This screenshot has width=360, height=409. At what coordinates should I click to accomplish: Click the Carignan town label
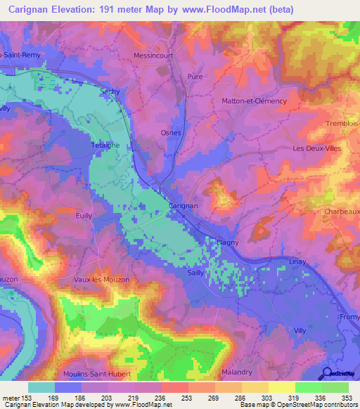pos(184,206)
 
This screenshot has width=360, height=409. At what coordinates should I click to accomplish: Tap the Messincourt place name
pos(153,55)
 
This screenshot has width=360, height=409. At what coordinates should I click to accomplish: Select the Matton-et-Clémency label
pos(255,101)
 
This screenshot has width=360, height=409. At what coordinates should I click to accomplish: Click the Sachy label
pos(110,91)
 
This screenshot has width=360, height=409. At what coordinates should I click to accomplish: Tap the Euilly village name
pos(85,216)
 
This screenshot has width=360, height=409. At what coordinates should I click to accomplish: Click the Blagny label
pos(227,242)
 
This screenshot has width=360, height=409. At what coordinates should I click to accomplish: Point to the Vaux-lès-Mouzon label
pos(101,280)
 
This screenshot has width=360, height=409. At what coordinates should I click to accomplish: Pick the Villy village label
pos(300,330)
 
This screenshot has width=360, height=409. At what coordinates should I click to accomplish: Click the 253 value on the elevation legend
pos(174,398)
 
